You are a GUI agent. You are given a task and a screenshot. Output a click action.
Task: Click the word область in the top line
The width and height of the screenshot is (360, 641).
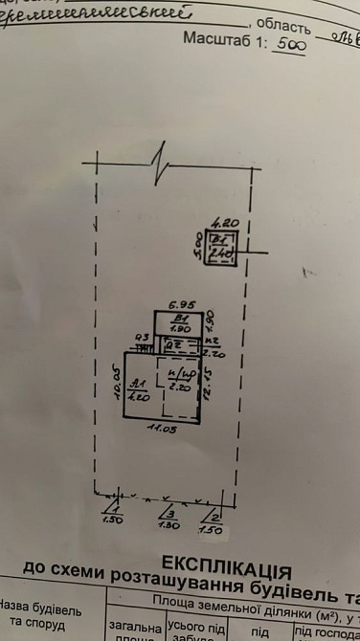tap(284, 23)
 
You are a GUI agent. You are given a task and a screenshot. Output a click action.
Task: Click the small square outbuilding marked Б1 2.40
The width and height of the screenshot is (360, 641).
tap(223, 244)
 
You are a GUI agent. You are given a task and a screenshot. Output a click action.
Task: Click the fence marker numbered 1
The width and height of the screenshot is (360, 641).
tap(114, 511)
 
